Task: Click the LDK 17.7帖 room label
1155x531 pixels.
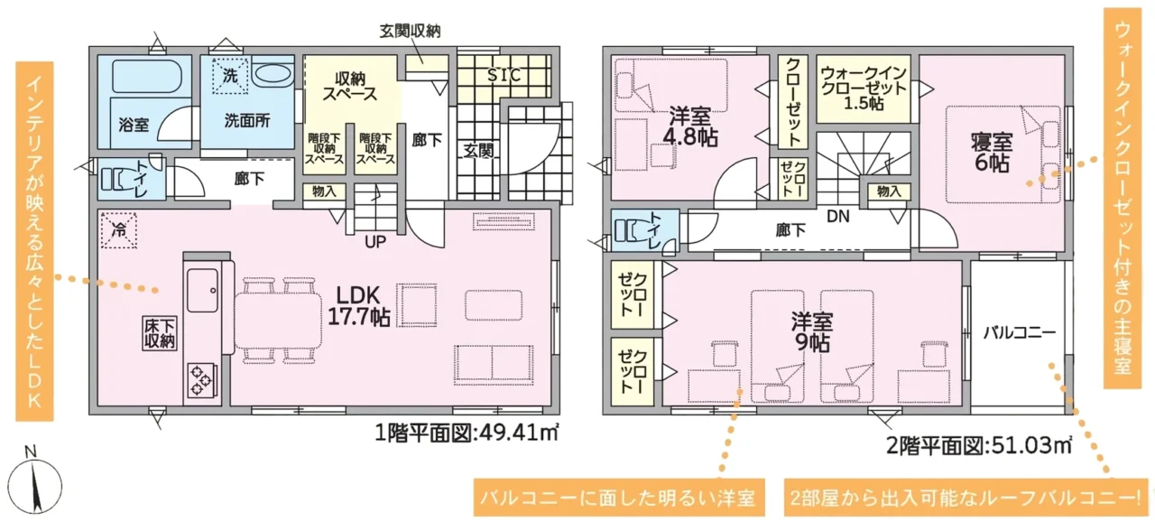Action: (359, 306)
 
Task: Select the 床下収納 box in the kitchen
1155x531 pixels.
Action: (160, 333)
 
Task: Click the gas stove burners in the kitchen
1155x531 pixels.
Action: (201, 380)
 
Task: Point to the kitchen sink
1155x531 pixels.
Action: (202, 290)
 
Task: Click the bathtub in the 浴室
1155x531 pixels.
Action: (145, 77)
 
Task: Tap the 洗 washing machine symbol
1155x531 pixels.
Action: (230, 75)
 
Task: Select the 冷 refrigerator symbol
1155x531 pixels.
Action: (118, 230)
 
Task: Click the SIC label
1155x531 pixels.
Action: (504, 76)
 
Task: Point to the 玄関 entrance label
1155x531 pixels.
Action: (478, 151)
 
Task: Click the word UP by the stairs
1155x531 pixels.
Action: (375, 241)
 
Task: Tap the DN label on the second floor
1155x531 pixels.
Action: (838, 216)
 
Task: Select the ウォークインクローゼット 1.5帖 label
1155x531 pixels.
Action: (864, 88)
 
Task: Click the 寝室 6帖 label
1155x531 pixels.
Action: (992, 153)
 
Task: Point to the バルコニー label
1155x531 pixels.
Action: (1020, 332)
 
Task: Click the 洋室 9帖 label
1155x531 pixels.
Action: (812, 331)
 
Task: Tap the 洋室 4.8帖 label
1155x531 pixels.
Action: (690, 127)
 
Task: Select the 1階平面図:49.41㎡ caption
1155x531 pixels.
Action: (467, 433)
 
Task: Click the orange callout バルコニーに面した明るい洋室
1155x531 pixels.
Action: (619, 498)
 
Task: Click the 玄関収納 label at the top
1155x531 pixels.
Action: (411, 31)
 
